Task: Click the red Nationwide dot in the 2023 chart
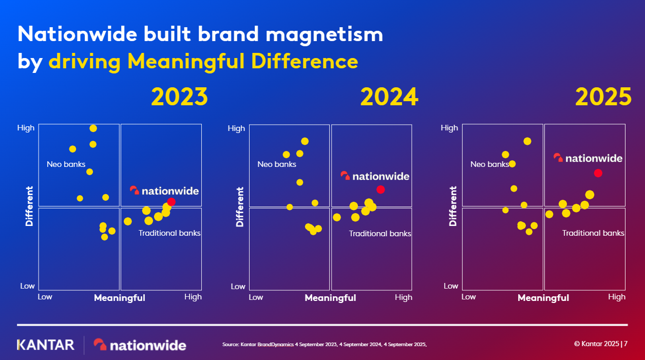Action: pyautogui.click(x=171, y=202)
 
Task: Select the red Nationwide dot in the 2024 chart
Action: pyautogui.click(x=381, y=190)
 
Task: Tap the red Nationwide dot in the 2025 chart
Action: pyautogui.click(x=598, y=173)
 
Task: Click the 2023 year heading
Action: pyautogui.click(x=180, y=97)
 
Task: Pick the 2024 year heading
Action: pyautogui.click(x=389, y=97)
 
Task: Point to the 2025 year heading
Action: pyautogui.click(x=603, y=97)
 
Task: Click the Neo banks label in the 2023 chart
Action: pyautogui.click(x=66, y=164)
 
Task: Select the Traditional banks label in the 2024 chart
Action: pyautogui.click(x=380, y=234)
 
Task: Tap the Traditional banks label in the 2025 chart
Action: pyautogui.click(x=593, y=233)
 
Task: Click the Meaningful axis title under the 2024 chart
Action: pyautogui.click(x=330, y=298)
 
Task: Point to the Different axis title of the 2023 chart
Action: pyautogui.click(x=29, y=206)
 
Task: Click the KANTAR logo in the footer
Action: pyautogui.click(x=46, y=345)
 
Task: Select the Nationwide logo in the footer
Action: pyautogui.click(x=140, y=345)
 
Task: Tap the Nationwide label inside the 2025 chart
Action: pyautogui.click(x=588, y=158)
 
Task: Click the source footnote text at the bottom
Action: pyautogui.click(x=325, y=345)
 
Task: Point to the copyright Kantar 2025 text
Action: pyautogui.click(x=597, y=344)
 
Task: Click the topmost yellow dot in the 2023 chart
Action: pyautogui.click(x=93, y=128)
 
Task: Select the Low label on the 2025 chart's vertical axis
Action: pyautogui.click(x=451, y=286)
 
